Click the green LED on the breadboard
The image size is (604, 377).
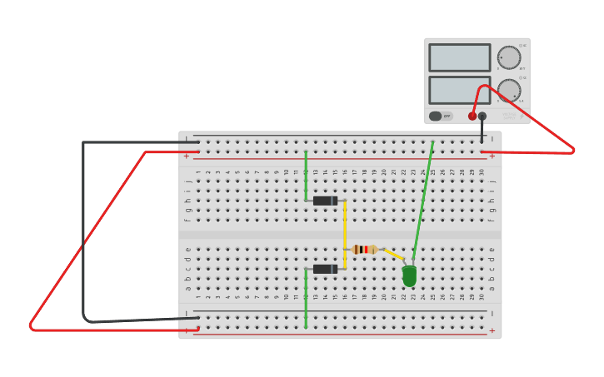point(409,275)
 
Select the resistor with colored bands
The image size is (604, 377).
point(365,249)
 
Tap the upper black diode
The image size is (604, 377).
point(325,201)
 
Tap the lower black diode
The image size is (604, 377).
point(325,269)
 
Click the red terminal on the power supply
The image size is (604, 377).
point(472,117)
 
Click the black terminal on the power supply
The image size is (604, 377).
point(482,117)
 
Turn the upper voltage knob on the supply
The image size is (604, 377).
point(508,57)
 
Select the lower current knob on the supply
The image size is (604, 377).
point(509,90)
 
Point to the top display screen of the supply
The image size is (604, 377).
point(459,57)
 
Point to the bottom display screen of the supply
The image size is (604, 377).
point(459,90)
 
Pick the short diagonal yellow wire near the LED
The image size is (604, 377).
point(392,254)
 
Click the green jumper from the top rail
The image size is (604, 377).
point(306,175)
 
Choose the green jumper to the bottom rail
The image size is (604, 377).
point(306,300)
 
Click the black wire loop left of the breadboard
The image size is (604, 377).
point(83,233)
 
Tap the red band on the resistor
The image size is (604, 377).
point(366,249)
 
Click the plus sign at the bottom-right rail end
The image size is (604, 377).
point(492,330)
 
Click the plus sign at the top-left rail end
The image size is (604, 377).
point(187,156)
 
